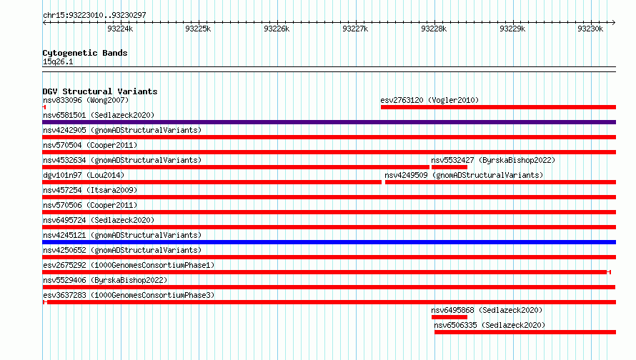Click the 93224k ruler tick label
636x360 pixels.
(x=120, y=29)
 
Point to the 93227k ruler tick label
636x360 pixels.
(x=355, y=29)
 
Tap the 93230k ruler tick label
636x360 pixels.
(x=590, y=29)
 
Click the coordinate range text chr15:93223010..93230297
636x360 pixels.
(x=94, y=15)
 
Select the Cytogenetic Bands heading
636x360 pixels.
(x=85, y=53)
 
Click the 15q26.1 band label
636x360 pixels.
(x=58, y=61)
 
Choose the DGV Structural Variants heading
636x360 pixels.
(x=100, y=91)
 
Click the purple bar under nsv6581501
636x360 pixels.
(x=329, y=122)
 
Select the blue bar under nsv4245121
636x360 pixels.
(x=329, y=242)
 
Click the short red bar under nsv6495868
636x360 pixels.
(x=449, y=317)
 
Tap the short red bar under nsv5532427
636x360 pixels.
(x=449, y=167)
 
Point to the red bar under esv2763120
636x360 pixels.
(x=499, y=107)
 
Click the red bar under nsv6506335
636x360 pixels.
(x=525, y=332)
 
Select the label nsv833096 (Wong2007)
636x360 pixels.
(x=86, y=100)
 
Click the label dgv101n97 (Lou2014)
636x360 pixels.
(x=84, y=175)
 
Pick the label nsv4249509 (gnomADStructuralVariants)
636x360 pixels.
(x=464, y=175)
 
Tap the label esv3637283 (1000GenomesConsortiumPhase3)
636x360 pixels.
(x=129, y=295)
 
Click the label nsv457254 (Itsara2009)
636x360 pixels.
(x=90, y=190)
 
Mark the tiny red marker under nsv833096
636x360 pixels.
(x=44, y=107)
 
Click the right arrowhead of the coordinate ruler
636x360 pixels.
(x=614, y=22)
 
